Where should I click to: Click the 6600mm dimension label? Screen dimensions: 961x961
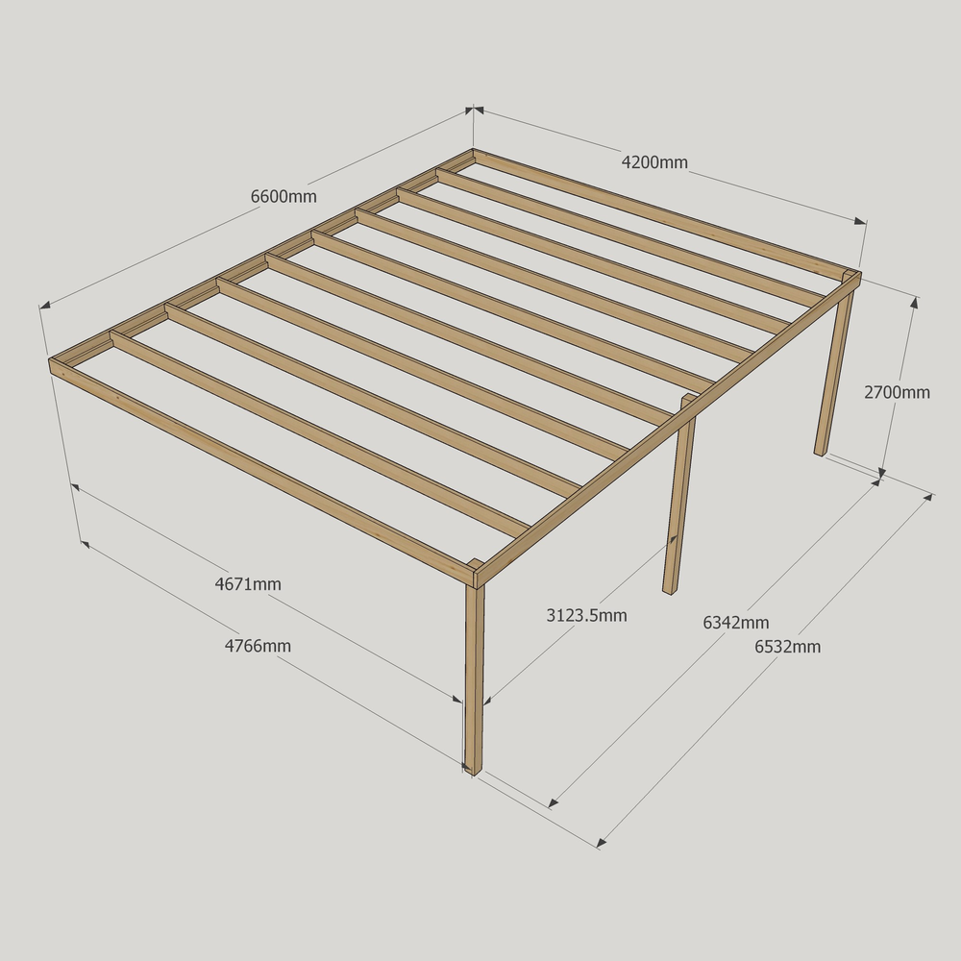[x=283, y=197]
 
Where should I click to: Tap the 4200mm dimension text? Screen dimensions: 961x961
[x=654, y=162]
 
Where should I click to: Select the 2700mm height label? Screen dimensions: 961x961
[x=897, y=392]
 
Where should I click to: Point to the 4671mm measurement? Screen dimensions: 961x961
[x=248, y=584]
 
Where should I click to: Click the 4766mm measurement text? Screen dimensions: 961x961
[x=258, y=646]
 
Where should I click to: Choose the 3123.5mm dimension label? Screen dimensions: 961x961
[x=586, y=615]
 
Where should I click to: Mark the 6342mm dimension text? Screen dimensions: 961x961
[x=735, y=623]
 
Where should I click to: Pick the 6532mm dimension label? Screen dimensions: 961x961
[x=788, y=647]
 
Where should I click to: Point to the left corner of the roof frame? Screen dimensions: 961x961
[x=50, y=361]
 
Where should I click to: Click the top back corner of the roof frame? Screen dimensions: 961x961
[x=473, y=150]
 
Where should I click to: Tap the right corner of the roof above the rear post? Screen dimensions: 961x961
[x=860, y=273]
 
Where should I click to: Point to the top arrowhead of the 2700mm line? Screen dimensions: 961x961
[x=915, y=303]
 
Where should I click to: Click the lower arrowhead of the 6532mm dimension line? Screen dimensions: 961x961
[x=602, y=842]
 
